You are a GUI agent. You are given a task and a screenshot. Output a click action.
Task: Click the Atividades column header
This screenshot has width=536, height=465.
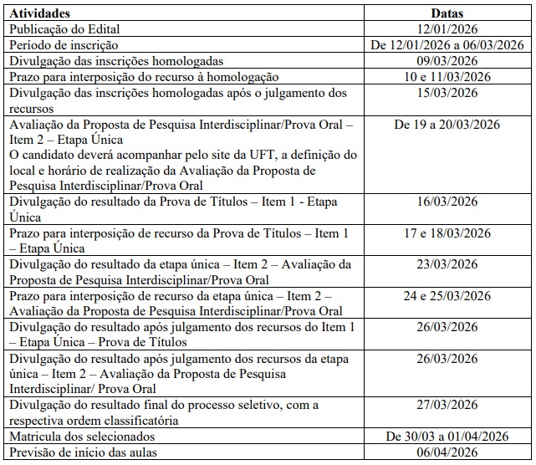click(x=39, y=14)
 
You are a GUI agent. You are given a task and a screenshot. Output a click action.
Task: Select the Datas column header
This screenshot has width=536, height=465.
click(x=447, y=14)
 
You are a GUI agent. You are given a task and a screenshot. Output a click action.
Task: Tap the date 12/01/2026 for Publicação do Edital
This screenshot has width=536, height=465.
click(x=447, y=29)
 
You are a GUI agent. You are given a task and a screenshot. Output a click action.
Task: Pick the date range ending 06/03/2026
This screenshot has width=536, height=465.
click(x=447, y=45)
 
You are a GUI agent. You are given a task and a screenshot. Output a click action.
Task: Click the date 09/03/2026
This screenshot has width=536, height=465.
click(x=447, y=61)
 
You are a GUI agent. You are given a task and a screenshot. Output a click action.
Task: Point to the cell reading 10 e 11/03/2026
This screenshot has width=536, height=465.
click(x=447, y=77)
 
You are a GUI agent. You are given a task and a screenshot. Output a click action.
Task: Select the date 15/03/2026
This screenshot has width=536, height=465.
click(x=447, y=93)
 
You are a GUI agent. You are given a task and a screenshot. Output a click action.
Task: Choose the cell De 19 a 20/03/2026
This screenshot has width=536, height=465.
click(x=447, y=125)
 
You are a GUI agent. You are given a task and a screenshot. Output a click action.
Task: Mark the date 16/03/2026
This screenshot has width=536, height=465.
click(x=447, y=202)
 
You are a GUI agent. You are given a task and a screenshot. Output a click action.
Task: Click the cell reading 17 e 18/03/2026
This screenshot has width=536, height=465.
click(x=447, y=232)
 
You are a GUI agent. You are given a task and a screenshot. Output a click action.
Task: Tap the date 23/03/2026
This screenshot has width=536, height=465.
click(x=447, y=264)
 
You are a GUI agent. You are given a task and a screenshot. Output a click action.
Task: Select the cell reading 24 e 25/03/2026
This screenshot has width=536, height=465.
click(x=447, y=296)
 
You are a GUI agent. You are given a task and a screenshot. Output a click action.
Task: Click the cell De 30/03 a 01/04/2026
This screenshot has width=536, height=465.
click(x=447, y=437)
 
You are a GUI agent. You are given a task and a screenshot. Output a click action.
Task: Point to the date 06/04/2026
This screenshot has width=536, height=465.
click(x=447, y=452)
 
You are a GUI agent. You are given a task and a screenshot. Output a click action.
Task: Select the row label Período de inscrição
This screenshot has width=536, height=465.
click(x=64, y=45)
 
